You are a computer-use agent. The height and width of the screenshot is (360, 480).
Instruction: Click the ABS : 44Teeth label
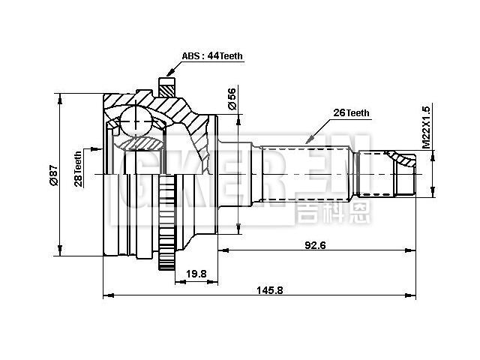pos(212,56)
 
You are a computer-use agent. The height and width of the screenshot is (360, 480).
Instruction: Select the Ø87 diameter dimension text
pos(53,175)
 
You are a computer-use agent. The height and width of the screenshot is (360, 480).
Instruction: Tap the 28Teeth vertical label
pos(77,169)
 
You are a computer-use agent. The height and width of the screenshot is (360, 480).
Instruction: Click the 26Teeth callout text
pos(351,112)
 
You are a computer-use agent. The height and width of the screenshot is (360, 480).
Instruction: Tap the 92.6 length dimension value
pos(315,244)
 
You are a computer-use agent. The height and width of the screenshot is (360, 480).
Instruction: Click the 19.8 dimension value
pos(196,274)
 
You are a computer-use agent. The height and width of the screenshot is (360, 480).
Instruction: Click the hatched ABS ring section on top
pos(167,88)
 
